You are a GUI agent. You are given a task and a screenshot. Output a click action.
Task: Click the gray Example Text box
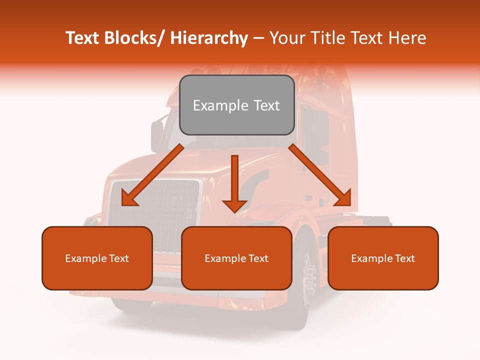pos(236,105)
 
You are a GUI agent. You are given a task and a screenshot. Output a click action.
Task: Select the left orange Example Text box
pos(97,258)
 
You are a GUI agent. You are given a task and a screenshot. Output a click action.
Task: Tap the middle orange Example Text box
pos(236,258)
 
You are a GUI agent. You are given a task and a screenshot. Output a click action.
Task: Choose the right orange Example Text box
pos(383,258)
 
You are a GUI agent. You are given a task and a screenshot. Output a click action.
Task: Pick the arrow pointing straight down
pos(234,182)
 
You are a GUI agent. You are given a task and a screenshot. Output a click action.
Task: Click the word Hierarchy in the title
pos(209,38)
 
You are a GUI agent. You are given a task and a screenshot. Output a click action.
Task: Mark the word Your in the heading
pos(286,38)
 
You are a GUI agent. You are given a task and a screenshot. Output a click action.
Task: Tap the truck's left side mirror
pos(157,135)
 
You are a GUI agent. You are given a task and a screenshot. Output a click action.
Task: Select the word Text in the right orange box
pos(404,258)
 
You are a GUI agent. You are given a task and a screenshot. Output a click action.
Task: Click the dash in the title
pos(258,38)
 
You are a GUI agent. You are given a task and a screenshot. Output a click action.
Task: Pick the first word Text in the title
pos(82,38)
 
